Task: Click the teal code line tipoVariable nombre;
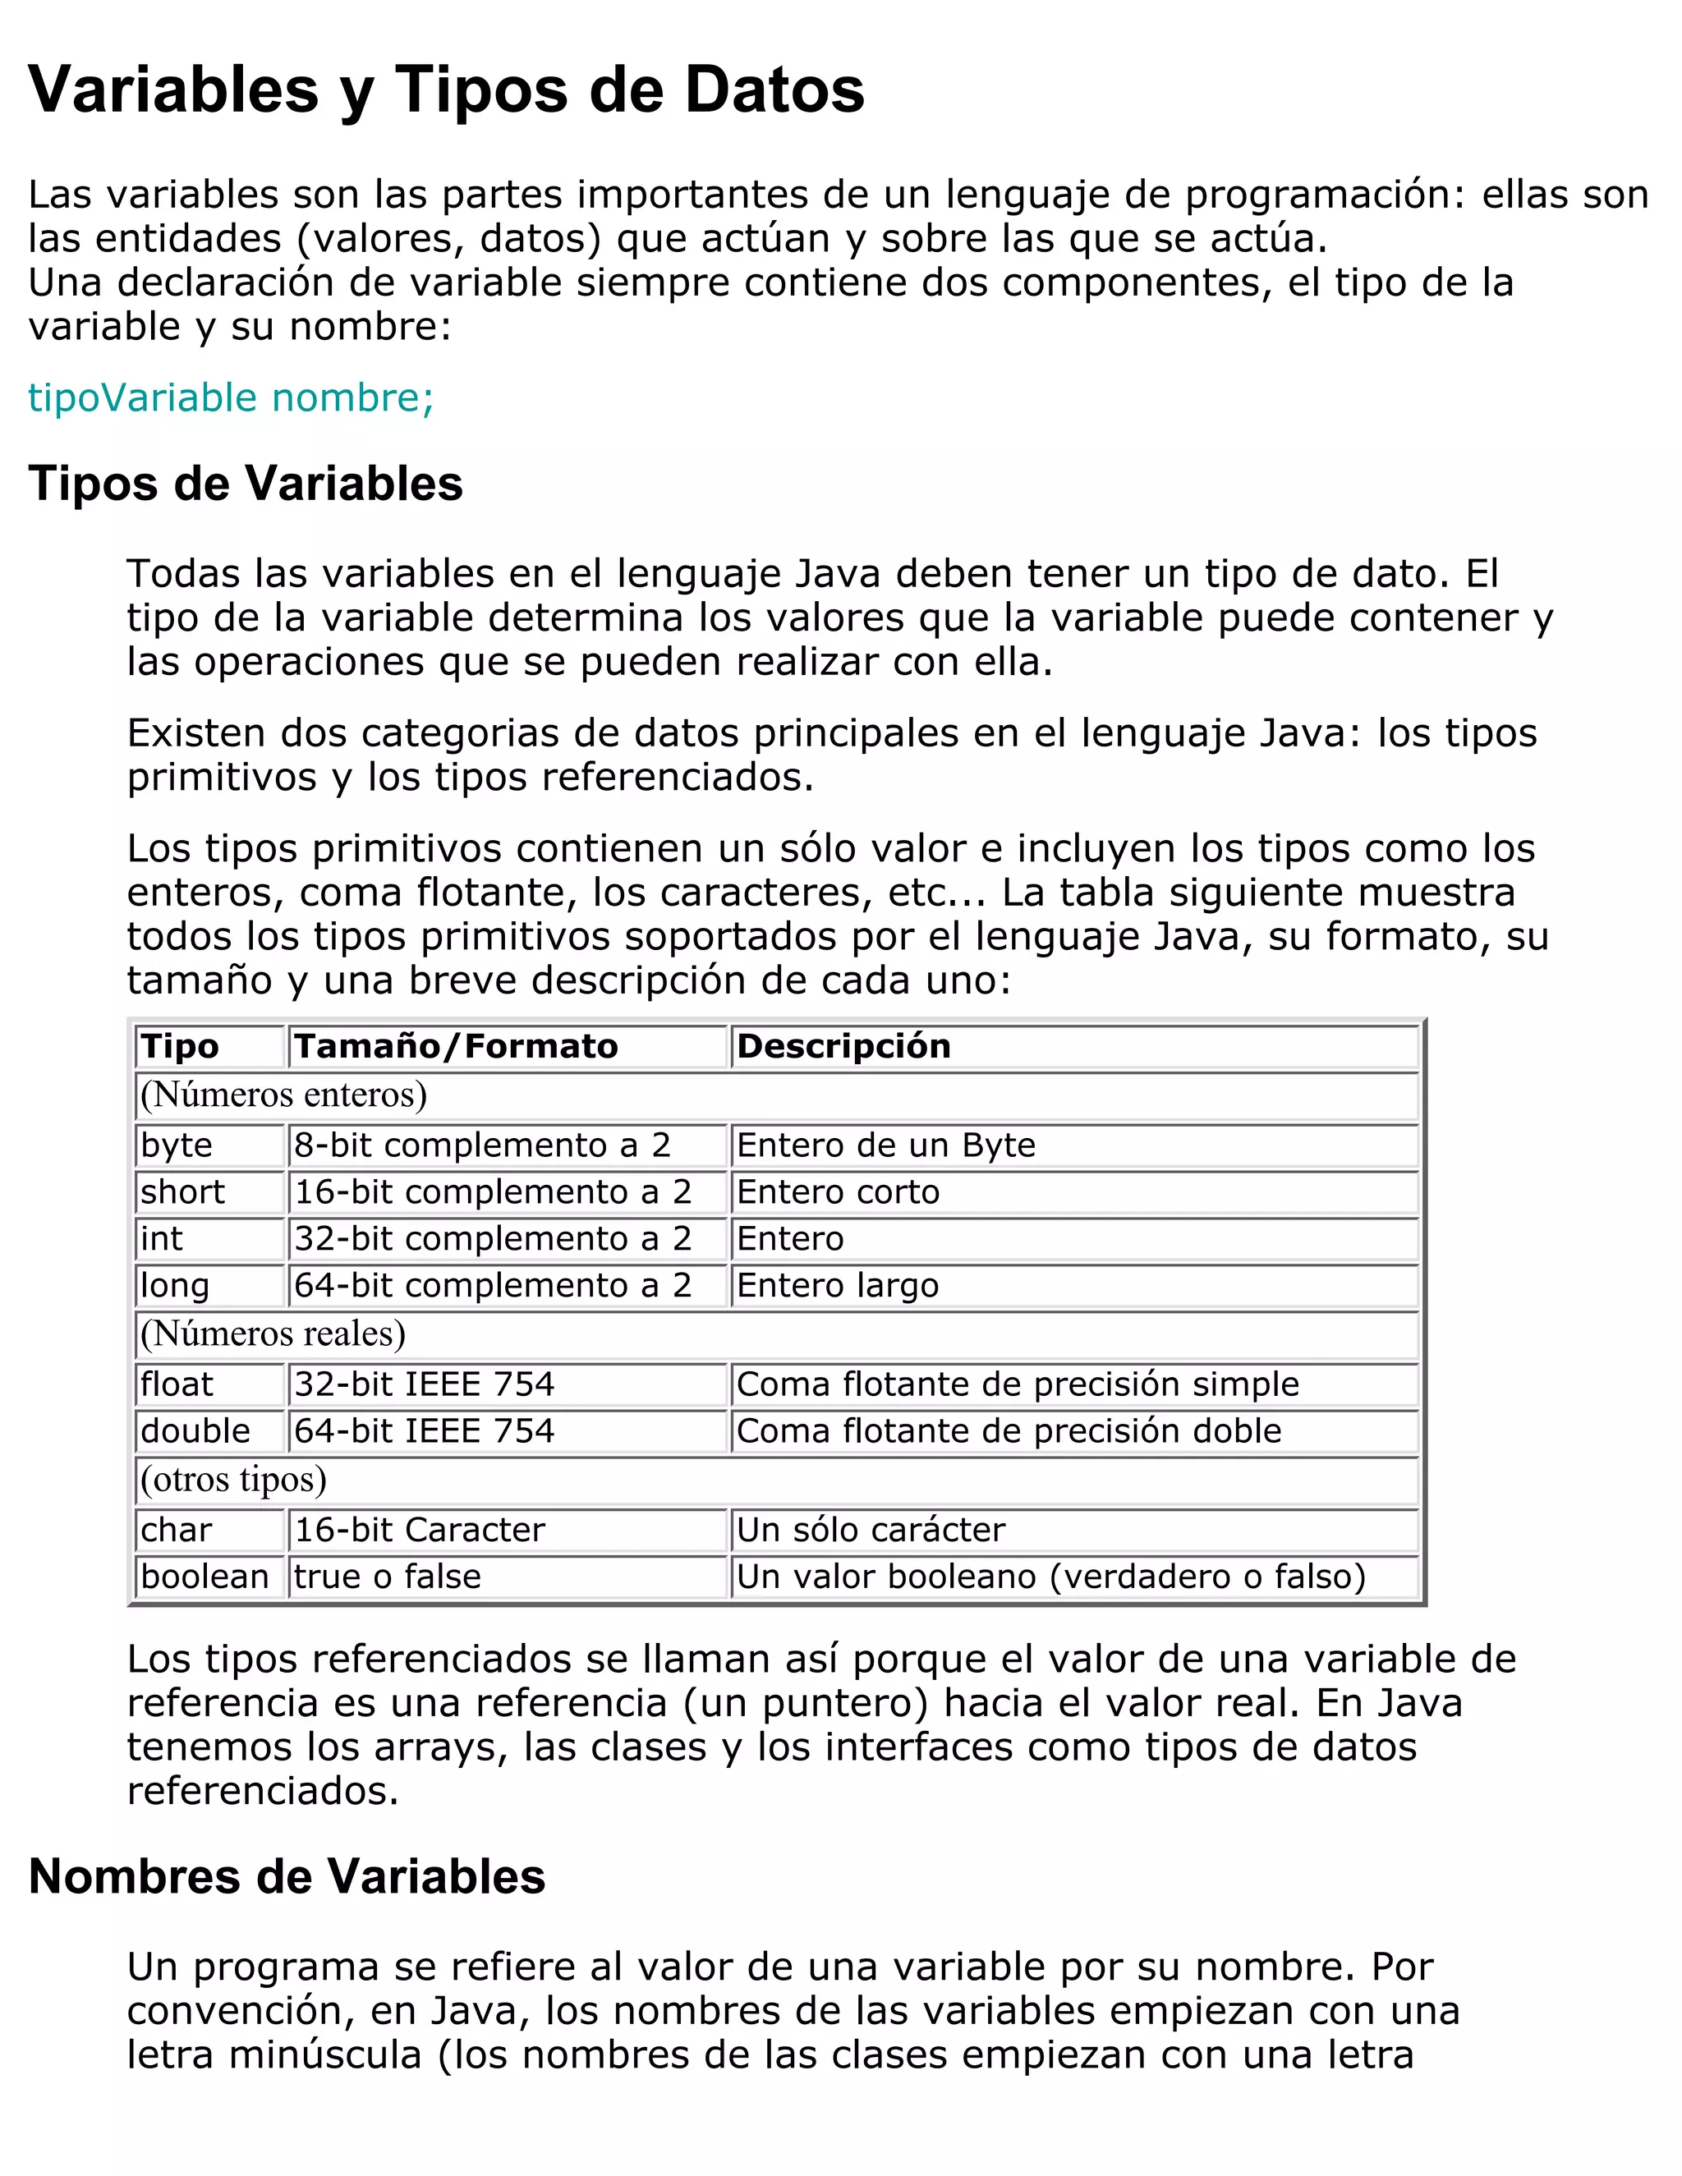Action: (230, 397)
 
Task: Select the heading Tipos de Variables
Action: (245, 484)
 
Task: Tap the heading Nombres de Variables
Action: (287, 1876)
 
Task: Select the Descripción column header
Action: (843, 1046)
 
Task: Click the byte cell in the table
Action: (177, 1145)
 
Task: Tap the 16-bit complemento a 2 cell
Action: (492, 1191)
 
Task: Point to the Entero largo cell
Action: (837, 1285)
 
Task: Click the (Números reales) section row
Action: (273, 1334)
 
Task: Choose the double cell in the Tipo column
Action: (195, 1430)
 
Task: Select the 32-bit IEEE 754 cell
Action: (424, 1384)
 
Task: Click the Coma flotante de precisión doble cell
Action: (1009, 1430)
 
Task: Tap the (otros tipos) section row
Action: (233, 1480)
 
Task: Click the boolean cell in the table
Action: (205, 1577)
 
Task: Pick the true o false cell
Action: (387, 1577)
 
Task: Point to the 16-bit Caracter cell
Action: (420, 1530)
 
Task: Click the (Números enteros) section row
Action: (283, 1095)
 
